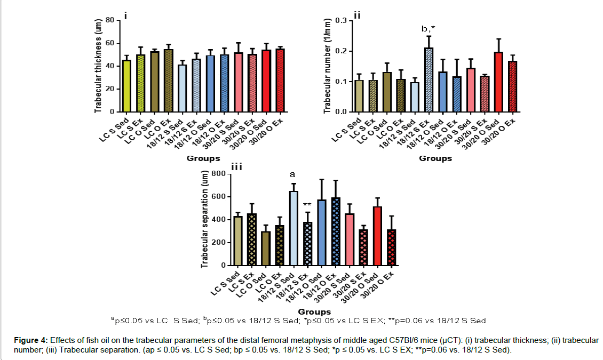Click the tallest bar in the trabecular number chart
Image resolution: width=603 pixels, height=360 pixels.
pyautogui.click(x=429, y=80)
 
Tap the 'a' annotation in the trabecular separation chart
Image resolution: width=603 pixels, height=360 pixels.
pyautogui.click(x=292, y=174)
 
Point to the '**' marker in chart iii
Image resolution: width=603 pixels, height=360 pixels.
pyautogui.click(x=307, y=205)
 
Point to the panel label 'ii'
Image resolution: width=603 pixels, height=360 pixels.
pyautogui.click(x=358, y=14)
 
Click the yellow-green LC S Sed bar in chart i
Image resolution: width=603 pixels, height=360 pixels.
pyautogui.click(x=127, y=86)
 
